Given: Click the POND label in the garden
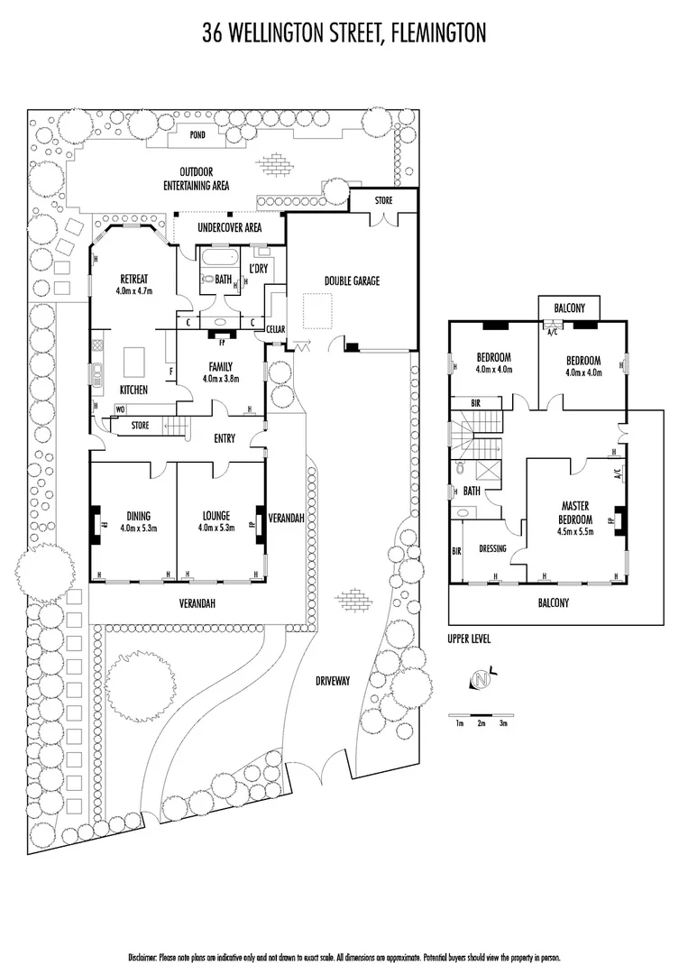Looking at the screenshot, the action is pyautogui.click(x=197, y=134).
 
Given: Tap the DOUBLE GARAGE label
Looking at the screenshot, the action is pyautogui.click(x=352, y=280).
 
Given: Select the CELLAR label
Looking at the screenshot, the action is pyautogui.click(x=276, y=329).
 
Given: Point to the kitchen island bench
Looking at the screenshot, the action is pyautogui.click(x=134, y=363).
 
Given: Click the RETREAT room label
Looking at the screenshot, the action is pyautogui.click(x=134, y=280).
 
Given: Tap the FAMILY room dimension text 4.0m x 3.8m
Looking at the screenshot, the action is pyautogui.click(x=221, y=378).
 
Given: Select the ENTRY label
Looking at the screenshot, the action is pyautogui.click(x=225, y=438).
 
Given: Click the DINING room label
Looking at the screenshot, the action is pyautogui.click(x=139, y=516).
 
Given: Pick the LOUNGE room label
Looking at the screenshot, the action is pyautogui.click(x=216, y=516).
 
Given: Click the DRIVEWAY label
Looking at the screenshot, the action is pyautogui.click(x=333, y=681).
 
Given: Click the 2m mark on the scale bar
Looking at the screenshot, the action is pyautogui.click(x=482, y=723).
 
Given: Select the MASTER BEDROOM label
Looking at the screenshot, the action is pyautogui.click(x=575, y=512).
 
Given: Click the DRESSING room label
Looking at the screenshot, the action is pyautogui.click(x=492, y=549).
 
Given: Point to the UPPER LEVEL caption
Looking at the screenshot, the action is pyautogui.click(x=469, y=639).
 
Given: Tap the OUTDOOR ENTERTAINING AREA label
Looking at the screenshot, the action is pyautogui.click(x=197, y=179).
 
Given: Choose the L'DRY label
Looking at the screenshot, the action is pyautogui.click(x=258, y=269).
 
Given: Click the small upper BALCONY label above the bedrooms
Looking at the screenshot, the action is pyautogui.click(x=569, y=308).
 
